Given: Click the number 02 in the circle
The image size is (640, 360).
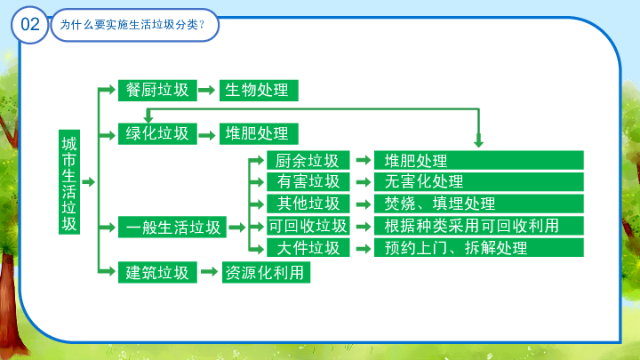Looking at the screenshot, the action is click(x=30, y=25).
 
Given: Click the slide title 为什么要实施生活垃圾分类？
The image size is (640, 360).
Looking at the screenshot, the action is click(x=132, y=25).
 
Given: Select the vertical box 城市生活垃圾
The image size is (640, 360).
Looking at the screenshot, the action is click(x=69, y=182).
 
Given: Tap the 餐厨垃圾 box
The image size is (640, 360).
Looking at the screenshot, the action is click(x=157, y=90).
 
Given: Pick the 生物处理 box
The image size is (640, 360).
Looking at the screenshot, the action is click(x=259, y=90).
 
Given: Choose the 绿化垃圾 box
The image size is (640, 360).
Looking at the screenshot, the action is click(x=157, y=134).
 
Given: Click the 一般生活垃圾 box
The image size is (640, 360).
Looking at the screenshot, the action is click(x=172, y=227).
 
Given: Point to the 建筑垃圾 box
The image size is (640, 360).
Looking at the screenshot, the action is click(x=157, y=272).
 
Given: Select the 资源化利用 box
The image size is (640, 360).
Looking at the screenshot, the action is click(x=266, y=272).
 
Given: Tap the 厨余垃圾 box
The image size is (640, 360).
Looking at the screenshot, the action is click(x=308, y=160).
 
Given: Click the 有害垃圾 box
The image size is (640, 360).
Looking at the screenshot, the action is click(x=308, y=181).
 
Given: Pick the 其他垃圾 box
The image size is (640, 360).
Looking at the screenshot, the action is click(x=308, y=204).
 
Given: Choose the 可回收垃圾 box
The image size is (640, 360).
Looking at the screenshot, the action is click(x=308, y=225).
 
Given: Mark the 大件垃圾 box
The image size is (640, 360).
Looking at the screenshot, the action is click(x=308, y=247).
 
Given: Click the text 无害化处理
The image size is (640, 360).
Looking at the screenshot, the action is click(x=424, y=181).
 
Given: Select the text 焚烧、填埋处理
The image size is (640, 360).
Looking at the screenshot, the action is click(x=440, y=204).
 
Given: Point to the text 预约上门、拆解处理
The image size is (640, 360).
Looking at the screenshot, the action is click(x=455, y=248).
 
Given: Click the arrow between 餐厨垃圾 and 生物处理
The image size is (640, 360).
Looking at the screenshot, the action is click(x=207, y=90).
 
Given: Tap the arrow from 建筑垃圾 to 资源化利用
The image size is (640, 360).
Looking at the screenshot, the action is click(x=210, y=271).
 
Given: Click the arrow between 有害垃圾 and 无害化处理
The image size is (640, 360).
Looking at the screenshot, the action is click(x=363, y=181).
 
